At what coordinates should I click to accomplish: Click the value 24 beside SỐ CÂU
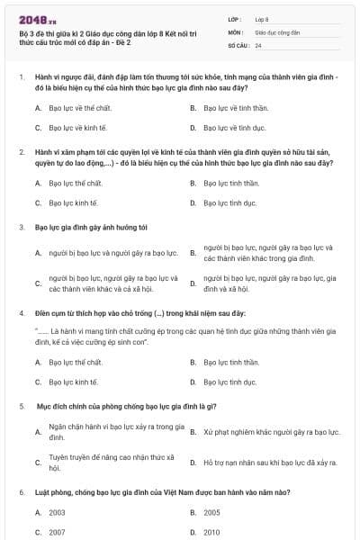(x=258, y=44)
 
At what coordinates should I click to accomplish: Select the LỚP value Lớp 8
(x=261, y=18)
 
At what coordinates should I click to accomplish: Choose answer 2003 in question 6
(x=57, y=512)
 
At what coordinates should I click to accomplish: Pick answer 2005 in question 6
(x=211, y=512)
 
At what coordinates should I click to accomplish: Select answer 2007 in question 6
(x=57, y=532)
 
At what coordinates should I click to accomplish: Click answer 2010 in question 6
(x=211, y=532)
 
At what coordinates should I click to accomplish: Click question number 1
(x=22, y=78)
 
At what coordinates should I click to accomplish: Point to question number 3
(x=22, y=227)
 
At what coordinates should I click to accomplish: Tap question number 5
(x=22, y=407)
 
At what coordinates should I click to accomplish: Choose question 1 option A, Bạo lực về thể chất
(x=81, y=108)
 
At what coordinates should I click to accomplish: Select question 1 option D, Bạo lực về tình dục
(x=234, y=128)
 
